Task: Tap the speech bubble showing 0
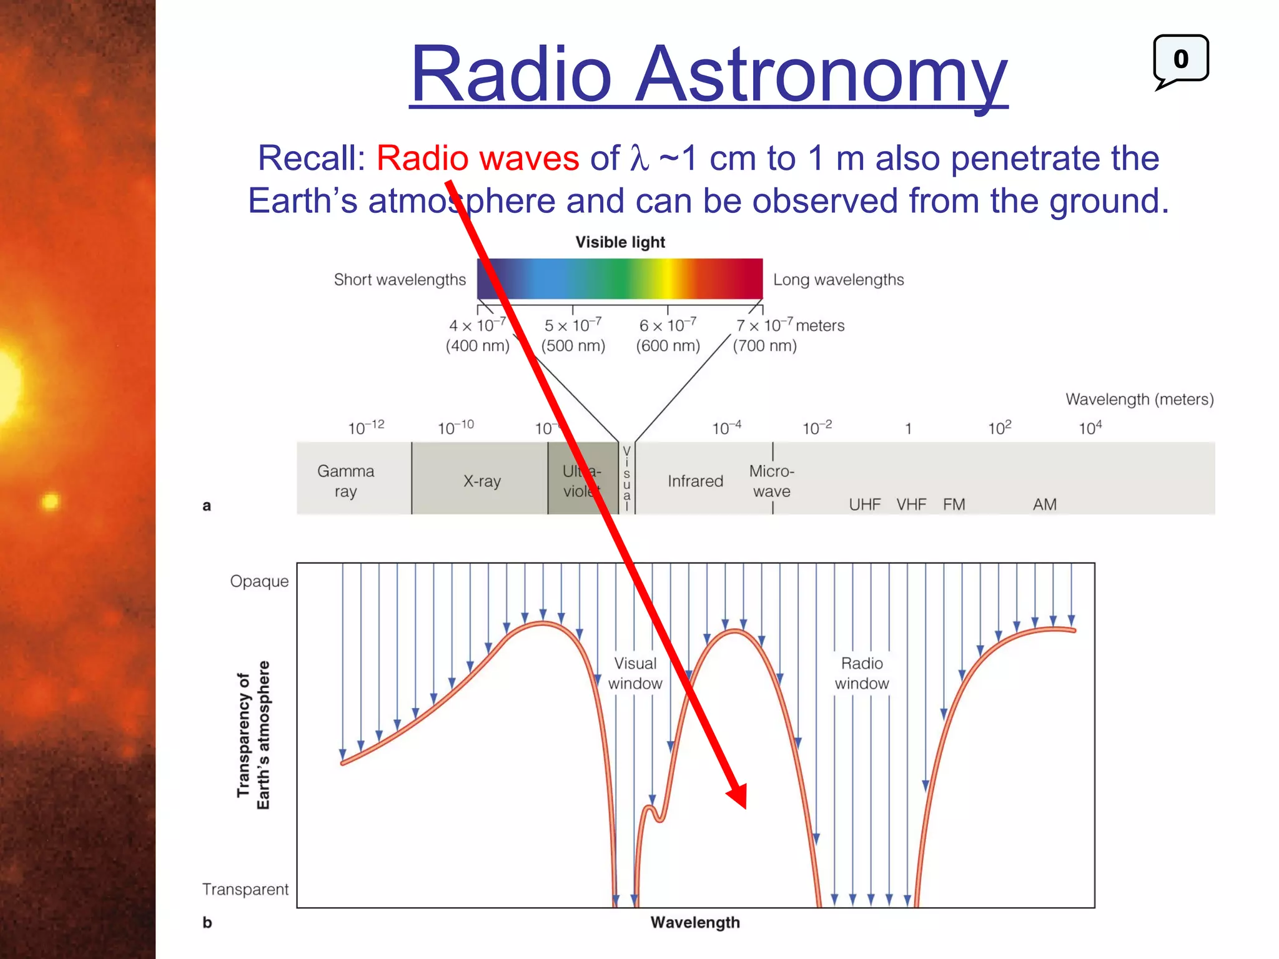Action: (1180, 59)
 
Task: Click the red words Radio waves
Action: (478, 158)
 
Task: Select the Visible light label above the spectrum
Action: (620, 242)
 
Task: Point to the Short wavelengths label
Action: (400, 280)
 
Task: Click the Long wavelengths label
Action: (838, 280)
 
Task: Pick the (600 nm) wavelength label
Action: (668, 345)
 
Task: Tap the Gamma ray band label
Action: (345, 481)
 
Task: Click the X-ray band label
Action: (481, 481)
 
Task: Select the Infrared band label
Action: (695, 481)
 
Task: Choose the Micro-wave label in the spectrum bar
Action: (771, 481)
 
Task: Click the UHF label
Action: (864, 504)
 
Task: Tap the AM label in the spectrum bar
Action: (1044, 504)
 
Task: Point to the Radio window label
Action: (862, 673)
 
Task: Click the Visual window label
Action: (635, 673)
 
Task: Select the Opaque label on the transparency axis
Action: (259, 581)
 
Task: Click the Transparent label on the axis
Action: (245, 889)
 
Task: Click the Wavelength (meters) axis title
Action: (1139, 399)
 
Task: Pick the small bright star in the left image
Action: (51, 501)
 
